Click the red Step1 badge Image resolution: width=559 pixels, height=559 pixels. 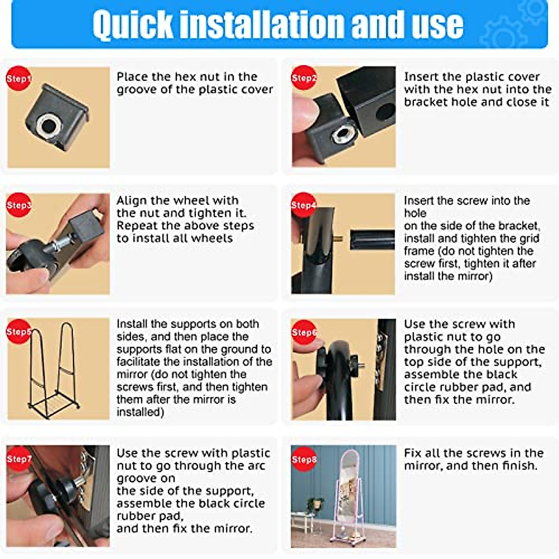tap(18, 78)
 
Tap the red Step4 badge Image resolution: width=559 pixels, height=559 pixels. tap(303, 205)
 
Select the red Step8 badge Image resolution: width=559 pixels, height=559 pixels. tap(304, 459)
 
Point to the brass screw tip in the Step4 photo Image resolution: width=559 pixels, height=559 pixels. tap(338, 239)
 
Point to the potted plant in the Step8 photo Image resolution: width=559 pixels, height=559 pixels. tap(314, 504)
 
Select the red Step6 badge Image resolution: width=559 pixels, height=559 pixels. tap(304, 332)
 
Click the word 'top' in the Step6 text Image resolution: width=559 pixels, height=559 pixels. tap(412, 362)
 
